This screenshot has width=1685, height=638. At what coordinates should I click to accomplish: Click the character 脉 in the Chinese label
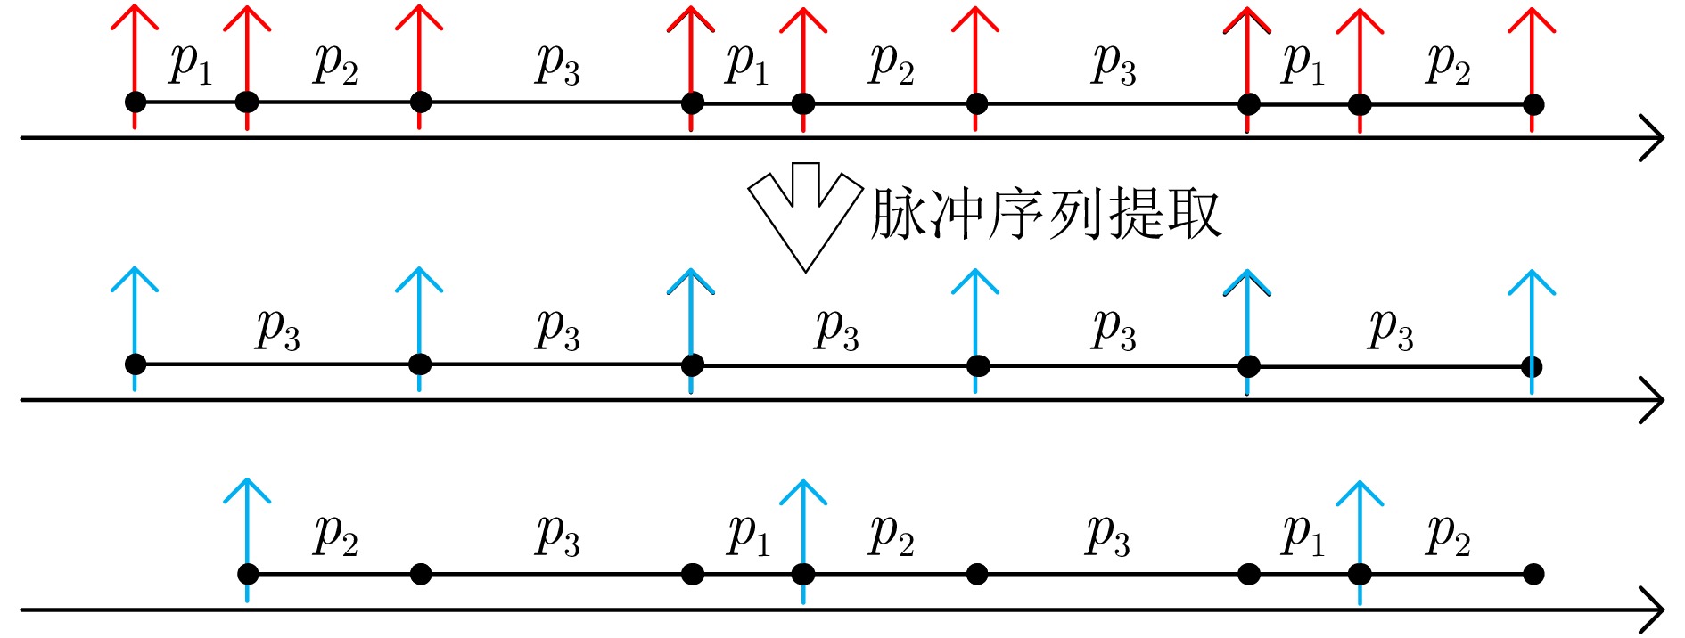pos(899,214)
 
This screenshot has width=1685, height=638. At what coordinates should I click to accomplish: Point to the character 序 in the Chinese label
pos(1016,214)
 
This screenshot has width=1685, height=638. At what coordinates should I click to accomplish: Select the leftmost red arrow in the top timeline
pos(135,53)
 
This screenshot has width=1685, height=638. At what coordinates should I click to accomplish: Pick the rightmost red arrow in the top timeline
pos(1532,53)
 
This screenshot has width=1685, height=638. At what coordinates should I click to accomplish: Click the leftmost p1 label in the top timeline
pos(191,63)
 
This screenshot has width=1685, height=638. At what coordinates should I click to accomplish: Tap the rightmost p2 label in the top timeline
pos(1448,63)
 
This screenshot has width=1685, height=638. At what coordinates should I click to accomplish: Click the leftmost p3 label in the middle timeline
pos(278,329)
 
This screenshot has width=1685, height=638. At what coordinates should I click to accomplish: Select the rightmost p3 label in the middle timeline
pos(1391,329)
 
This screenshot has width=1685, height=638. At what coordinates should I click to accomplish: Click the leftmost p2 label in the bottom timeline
pos(335,535)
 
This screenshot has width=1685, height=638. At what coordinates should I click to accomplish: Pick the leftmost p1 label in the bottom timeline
pos(749,535)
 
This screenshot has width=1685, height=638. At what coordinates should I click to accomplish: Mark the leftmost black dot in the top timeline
pos(136,102)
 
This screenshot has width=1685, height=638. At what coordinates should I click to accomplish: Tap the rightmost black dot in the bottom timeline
pos(1533,574)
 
